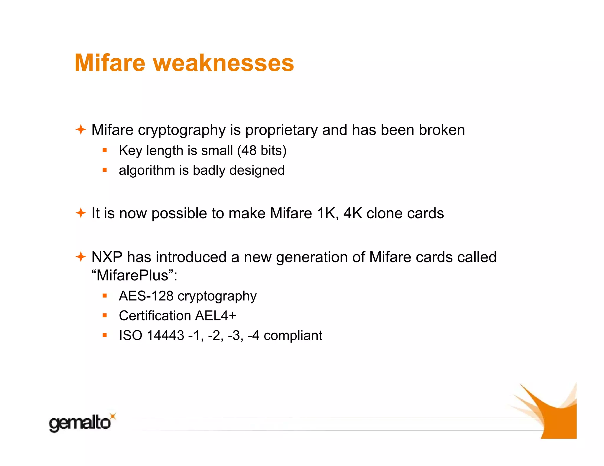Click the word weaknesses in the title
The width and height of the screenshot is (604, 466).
tap(223, 63)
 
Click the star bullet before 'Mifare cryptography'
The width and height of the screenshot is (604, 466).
tap(81, 130)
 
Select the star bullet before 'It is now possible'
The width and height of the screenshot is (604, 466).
tap(81, 213)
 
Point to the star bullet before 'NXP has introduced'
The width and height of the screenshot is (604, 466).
tap(81, 257)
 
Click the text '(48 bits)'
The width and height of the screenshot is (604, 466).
tap(262, 151)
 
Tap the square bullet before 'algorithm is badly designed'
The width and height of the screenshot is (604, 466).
tap(104, 170)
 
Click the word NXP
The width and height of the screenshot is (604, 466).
tap(107, 257)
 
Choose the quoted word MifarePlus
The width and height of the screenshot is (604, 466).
tap(132, 275)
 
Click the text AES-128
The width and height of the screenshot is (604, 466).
tap(146, 296)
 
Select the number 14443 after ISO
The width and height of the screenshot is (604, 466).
tap(165, 336)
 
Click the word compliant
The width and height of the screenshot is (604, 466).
tap(293, 336)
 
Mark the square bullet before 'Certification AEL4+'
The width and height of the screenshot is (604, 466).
tap(104, 315)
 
